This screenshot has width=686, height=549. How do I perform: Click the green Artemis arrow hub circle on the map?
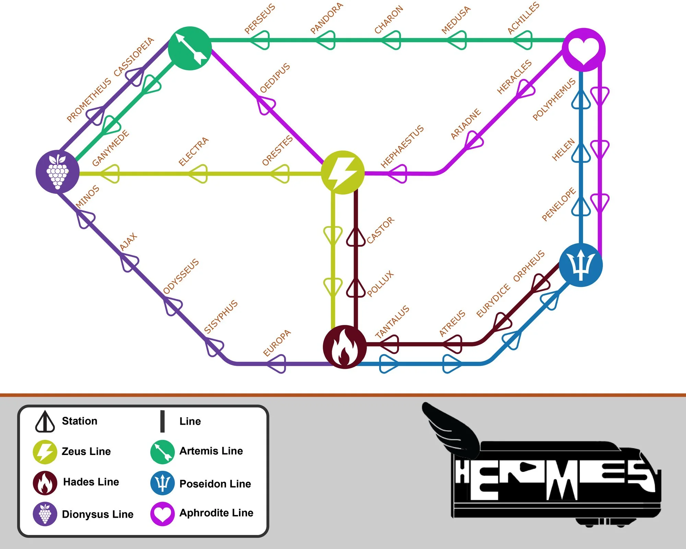click(x=190, y=48)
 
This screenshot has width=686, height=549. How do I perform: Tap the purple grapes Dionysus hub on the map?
click(x=58, y=172)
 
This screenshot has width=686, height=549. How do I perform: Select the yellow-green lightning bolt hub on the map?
click(x=342, y=173)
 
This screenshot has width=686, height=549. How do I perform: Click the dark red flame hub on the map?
click(x=345, y=347)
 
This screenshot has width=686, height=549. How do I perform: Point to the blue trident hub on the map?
click(x=581, y=265)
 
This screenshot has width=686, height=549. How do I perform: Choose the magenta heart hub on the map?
click(x=584, y=50)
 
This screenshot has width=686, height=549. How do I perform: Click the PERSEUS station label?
click(x=260, y=19)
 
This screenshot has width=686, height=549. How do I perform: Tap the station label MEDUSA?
click(x=456, y=20)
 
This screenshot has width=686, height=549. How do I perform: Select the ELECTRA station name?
click(x=193, y=151)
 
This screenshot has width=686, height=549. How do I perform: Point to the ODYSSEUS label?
click(x=181, y=277)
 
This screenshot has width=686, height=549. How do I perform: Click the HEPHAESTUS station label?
click(x=402, y=147)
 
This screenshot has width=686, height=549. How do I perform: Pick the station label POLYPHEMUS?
click(x=554, y=100)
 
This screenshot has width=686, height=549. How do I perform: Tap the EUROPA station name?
click(x=277, y=343)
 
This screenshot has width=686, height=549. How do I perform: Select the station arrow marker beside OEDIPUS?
click(x=266, y=105)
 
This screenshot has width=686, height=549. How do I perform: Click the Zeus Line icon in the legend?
click(x=45, y=452)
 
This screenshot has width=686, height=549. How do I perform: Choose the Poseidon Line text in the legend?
click(x=215, y=484)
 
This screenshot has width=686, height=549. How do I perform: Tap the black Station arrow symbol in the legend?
click(x=45, y=422)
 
